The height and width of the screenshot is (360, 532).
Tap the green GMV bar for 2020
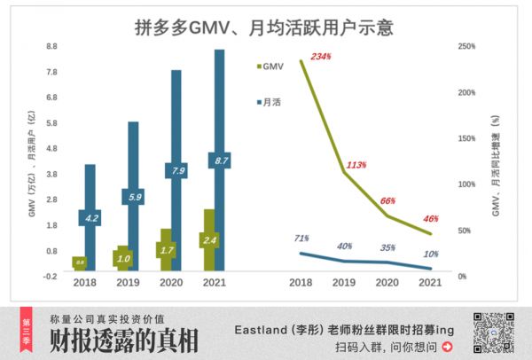click(166, 250)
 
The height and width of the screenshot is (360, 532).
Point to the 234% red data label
click(321, 57)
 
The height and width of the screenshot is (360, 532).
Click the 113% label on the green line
click(357, 165)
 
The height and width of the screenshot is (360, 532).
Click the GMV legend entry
click(272, 66)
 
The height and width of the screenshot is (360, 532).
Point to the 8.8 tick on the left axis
click(51, 46)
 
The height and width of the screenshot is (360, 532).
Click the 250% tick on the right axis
click(467, 46)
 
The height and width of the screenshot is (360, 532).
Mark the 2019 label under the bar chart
click(128, 283)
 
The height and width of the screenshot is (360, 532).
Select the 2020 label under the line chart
click(387, 283)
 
